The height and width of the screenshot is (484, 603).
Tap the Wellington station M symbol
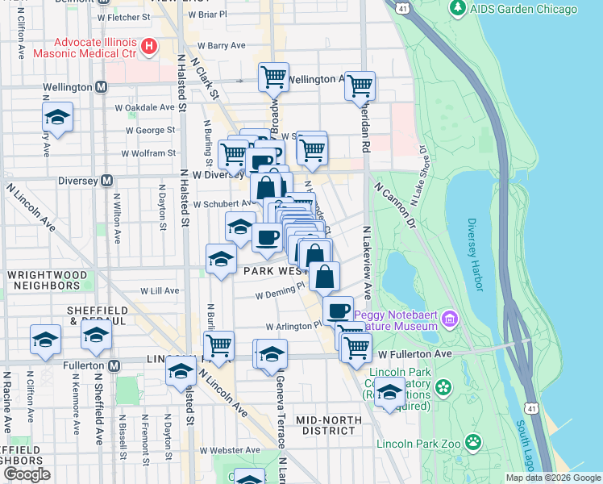pos(102,86)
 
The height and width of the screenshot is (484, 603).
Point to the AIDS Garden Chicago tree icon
pos(458,9)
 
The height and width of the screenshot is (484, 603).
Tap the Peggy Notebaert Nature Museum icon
pos(449,319)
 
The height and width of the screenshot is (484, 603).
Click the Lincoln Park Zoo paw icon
pos(473,443)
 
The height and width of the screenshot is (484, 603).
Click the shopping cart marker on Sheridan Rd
pos(360,85)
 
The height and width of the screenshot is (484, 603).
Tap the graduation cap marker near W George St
pos(57,117)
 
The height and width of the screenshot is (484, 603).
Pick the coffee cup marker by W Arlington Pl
pos(338,310)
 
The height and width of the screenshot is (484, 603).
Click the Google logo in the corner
pos(27,474)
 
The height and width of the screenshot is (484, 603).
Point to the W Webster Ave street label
pos(231,450)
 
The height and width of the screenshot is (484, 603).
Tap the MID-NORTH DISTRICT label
pos(326,425)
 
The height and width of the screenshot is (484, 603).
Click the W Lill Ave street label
pos(160,290)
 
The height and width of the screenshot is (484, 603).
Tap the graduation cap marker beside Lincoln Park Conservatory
pos(390,393)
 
